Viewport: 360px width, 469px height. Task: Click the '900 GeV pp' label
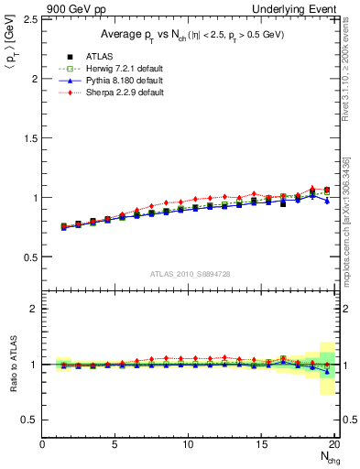pos(71,7)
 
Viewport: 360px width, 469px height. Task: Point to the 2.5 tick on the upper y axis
pos(30,19)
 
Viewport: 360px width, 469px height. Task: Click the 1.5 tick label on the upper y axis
pos(30,138)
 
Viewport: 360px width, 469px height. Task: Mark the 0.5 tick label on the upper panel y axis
pos(30,256)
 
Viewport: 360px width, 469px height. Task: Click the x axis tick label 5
pos(115,444)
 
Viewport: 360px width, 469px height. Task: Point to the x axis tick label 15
pos(261,444)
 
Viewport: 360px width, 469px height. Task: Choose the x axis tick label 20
pos(333,444)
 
